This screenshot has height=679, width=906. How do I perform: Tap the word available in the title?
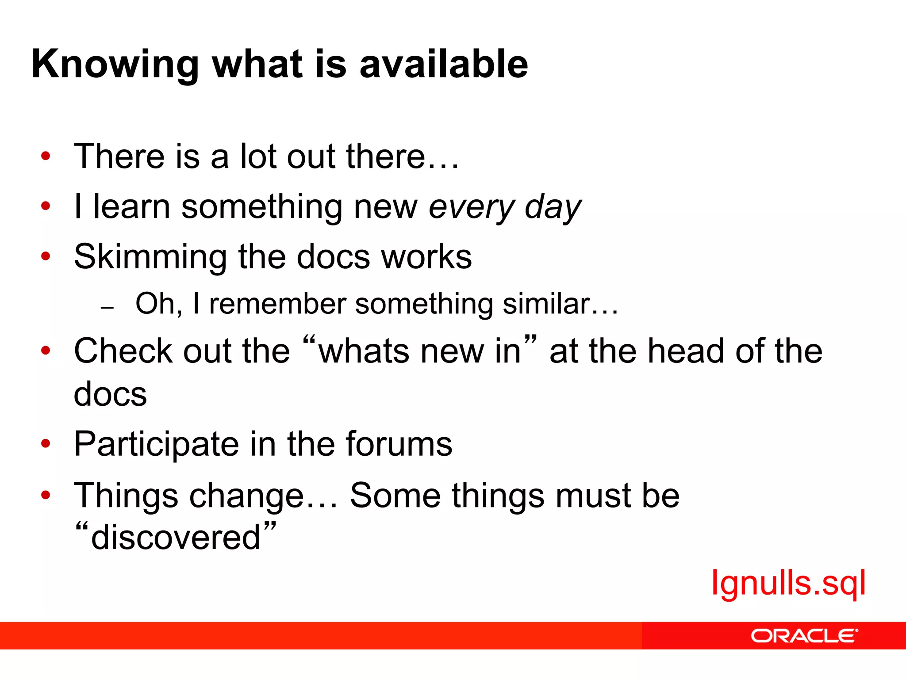click(444, 64)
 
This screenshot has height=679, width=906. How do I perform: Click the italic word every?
click(472, 207)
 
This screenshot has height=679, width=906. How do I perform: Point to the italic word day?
click(553, 207)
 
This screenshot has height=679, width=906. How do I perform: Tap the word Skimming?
click(150, 257)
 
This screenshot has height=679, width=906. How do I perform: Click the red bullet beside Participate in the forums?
click(46, 443)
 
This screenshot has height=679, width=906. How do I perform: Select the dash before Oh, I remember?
click(107, 307)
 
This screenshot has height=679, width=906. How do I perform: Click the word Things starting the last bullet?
click(126, 496)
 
